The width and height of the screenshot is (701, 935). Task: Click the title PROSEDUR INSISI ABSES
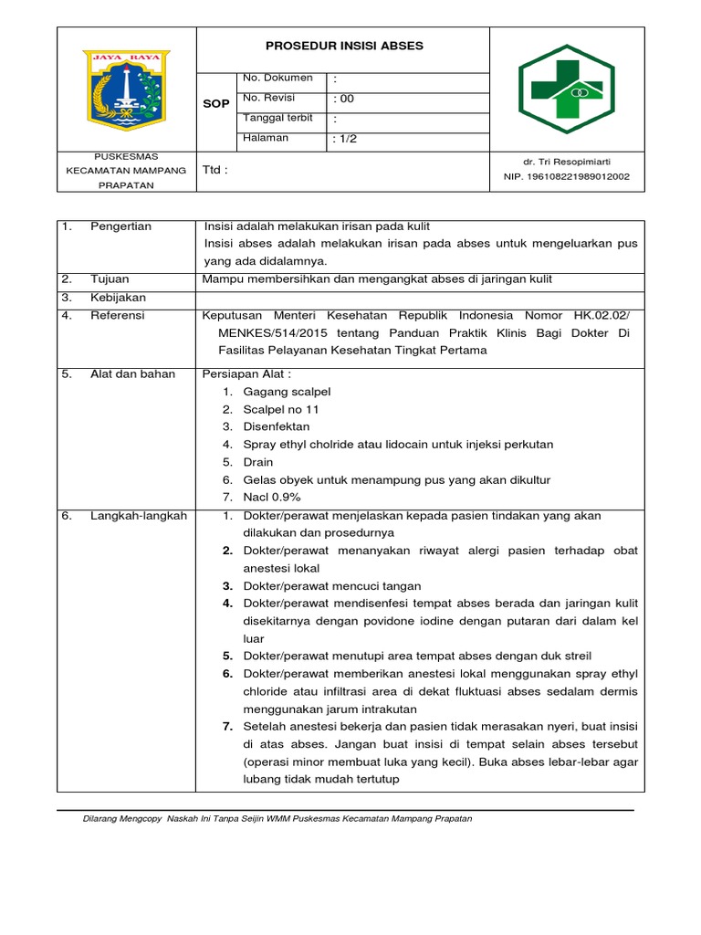(344, 46)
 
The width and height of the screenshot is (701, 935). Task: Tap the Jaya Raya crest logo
(127, 89)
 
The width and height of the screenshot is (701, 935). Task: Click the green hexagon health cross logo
(567, 89)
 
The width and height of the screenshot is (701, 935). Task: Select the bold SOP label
(215, 104)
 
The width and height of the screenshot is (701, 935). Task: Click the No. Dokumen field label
(277, 79)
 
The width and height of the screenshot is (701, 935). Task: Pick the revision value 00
(344, 99)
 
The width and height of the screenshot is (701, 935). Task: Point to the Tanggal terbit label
(277, 118)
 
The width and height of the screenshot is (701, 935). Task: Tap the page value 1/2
(346, 139)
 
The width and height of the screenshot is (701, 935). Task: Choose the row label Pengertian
(120, 226)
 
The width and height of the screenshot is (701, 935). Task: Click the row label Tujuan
(110, 279)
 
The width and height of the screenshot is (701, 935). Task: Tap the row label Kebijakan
(118, 298)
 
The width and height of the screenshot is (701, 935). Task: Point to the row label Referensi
(118, 316)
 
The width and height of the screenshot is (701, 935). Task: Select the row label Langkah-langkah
(138, 516)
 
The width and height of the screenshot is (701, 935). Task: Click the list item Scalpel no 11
(281, 409)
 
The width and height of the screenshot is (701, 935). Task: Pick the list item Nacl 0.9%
(272, 498)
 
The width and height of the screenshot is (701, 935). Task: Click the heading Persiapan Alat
(247, 374)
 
